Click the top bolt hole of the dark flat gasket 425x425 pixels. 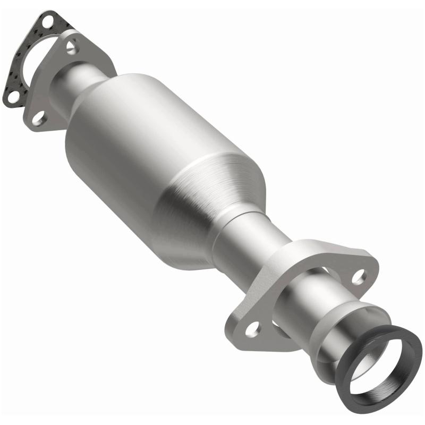[x=46, y=22]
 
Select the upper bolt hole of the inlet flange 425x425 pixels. [x=71, y=47]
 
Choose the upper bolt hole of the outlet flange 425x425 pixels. [x=360, y=275]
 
